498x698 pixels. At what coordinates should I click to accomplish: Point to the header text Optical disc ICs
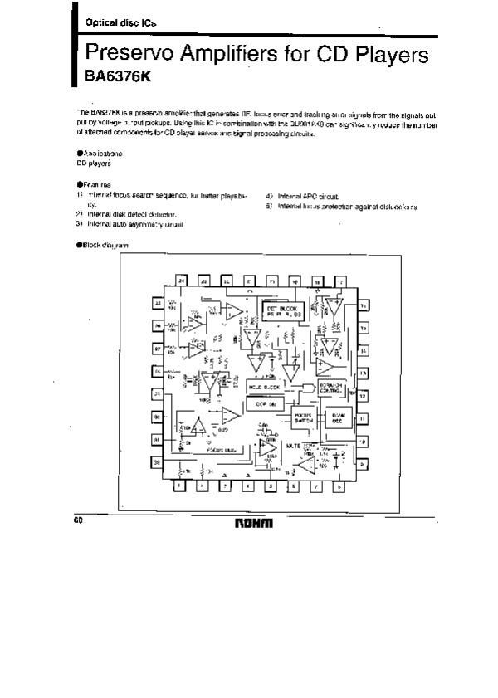[x=108, y=23]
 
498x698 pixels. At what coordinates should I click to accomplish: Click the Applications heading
[x=100, y=154]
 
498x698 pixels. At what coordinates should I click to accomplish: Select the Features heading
[x=94, y=184]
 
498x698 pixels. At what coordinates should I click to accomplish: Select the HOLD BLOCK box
[x=265, y=388]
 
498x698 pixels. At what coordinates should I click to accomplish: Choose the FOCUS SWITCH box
[x=300, y=420]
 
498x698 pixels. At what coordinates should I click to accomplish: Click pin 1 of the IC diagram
[x=180, y=486]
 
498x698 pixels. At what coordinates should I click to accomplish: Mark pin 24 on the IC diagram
[x=180, y=283]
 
